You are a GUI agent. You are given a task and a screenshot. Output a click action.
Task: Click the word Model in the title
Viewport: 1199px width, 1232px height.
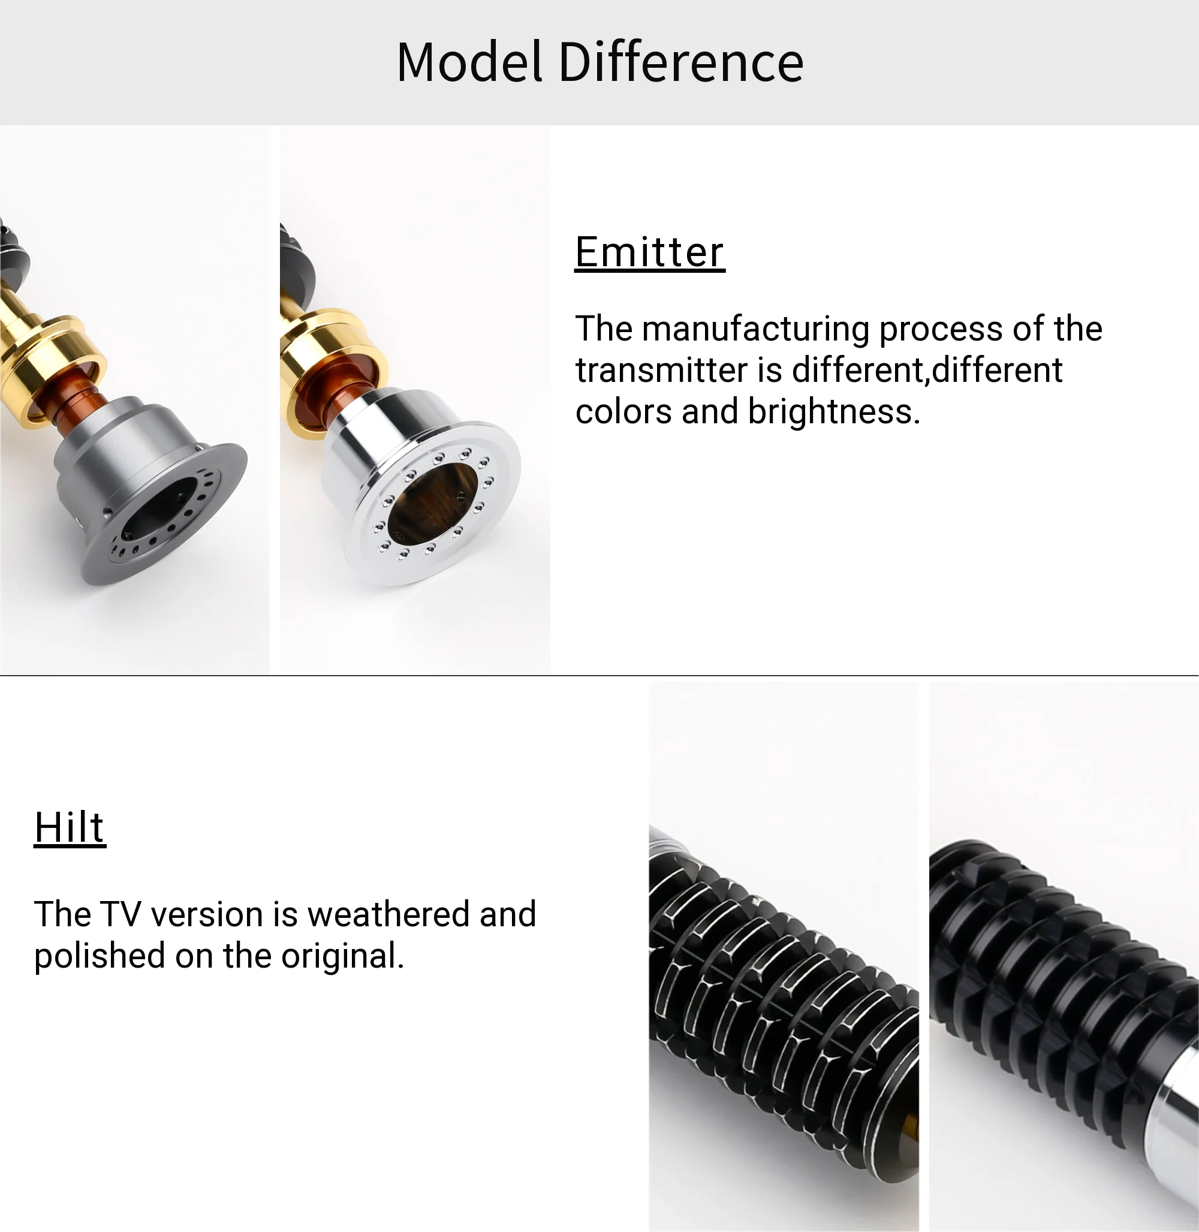pos(470,62)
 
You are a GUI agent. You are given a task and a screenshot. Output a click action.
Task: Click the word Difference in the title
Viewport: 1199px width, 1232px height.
pos(682,62)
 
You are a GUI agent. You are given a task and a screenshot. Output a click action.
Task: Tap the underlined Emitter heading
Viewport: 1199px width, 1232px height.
pos(650,252)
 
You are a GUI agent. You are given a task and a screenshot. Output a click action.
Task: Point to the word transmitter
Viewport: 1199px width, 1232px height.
pos(662,370)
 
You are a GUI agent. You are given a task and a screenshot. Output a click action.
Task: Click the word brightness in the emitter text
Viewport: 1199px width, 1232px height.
pos(835,411)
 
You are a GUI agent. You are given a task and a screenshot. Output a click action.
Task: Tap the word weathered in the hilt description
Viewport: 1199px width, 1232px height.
pos(388,914)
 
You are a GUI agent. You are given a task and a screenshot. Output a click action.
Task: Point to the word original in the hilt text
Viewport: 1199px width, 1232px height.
pos(342,956)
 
